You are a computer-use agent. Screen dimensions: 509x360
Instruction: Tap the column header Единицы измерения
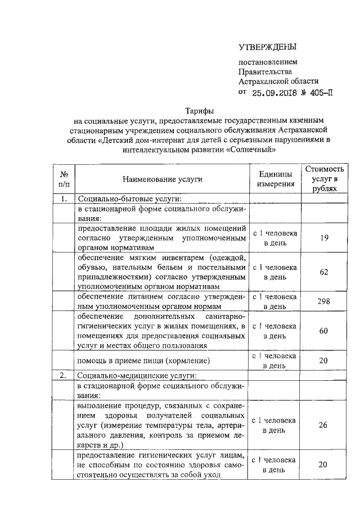(276, 178)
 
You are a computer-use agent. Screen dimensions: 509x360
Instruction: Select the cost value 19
(323, 238)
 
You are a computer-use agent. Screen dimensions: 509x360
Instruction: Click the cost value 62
(323, 272)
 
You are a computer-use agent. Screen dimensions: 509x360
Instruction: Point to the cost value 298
(323, 301)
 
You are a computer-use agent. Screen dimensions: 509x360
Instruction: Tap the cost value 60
(323, 331)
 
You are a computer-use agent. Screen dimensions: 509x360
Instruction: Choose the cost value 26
(323, 425)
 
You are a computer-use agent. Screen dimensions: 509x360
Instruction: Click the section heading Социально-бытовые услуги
(130, 199)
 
